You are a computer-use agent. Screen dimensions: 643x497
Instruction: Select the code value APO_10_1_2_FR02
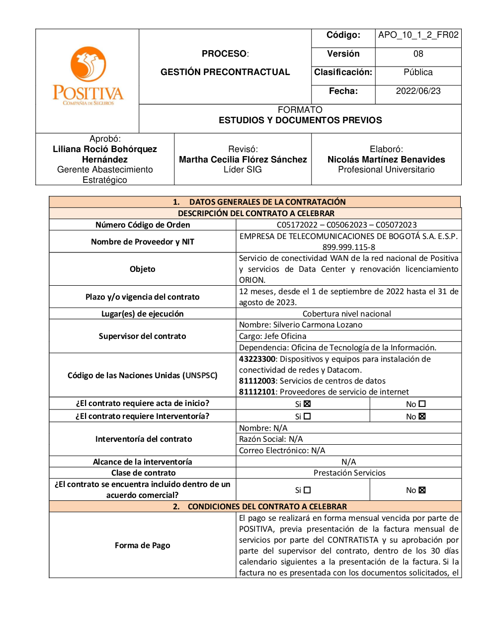click(x=418, y=35)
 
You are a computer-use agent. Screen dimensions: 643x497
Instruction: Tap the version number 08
click(x=418, y=54)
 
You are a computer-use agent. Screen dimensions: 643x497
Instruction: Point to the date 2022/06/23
click(x=418, y=91)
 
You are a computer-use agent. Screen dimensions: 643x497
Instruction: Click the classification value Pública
click(x=418, y=73)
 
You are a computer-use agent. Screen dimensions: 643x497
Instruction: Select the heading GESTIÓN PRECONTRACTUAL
click(x=225, y=73)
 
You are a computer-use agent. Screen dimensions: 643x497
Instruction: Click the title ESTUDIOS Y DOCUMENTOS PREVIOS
click(x=300, y=121)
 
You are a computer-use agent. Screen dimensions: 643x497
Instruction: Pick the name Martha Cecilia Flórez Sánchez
click(x=243, y=160)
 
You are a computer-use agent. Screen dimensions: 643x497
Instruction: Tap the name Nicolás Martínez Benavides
click(x=386, y=160)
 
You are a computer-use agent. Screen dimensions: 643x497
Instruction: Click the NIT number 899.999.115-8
click(x=349, y=247)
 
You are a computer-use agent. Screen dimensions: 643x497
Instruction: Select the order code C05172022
click(x=297, y=225)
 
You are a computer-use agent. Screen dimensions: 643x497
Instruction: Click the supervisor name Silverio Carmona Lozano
click(x=318, y=325)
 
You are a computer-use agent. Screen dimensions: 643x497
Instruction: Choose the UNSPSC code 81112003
click(x=257, y=381)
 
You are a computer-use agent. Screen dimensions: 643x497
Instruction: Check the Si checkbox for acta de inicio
click(x=307, y=404)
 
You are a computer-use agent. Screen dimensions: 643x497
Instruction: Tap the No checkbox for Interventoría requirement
click(x=422, y=417)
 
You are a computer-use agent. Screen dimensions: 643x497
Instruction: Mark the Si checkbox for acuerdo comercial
click(x=307, y=490)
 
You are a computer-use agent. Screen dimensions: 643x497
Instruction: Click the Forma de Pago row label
click(x=142, y=546)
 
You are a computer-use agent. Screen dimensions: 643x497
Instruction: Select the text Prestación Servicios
click(x=349, y=473)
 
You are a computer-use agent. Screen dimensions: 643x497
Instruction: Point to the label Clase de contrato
click(x=143, y=473)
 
